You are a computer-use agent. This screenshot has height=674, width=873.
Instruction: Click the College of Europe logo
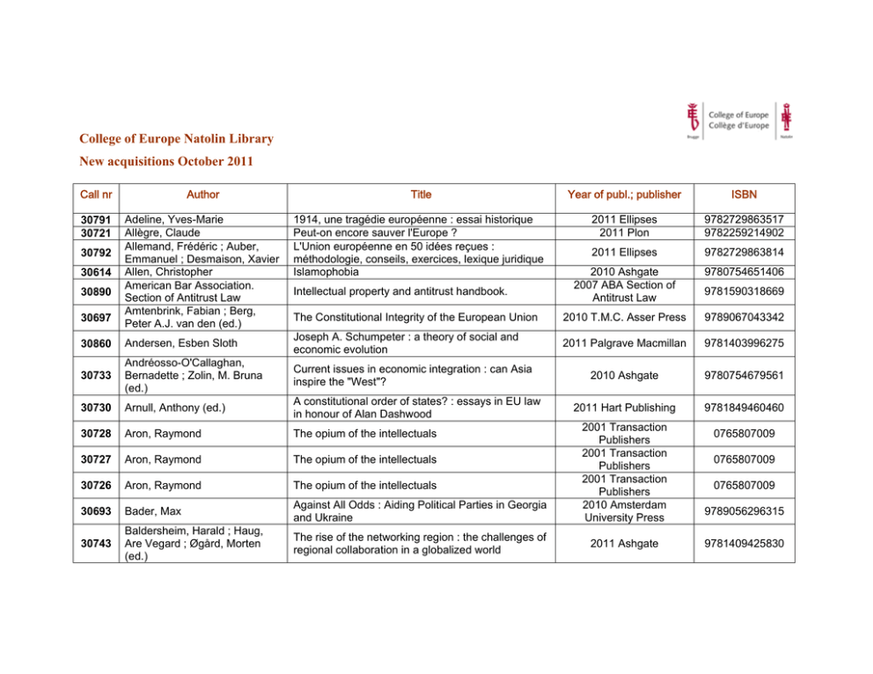(x=738, y=120)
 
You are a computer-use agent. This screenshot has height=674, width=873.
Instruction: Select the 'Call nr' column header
(x=96, y=194)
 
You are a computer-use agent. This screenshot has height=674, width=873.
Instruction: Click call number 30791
(x=96, y=219)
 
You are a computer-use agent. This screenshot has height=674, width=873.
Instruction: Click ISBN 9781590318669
(x=744, y=291)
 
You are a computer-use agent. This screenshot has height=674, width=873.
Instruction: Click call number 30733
(x=96, y=375)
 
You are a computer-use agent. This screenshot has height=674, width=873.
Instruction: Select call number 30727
(x=96, y=459)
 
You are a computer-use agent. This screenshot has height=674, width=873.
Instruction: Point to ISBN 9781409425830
(x=744, y=544)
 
